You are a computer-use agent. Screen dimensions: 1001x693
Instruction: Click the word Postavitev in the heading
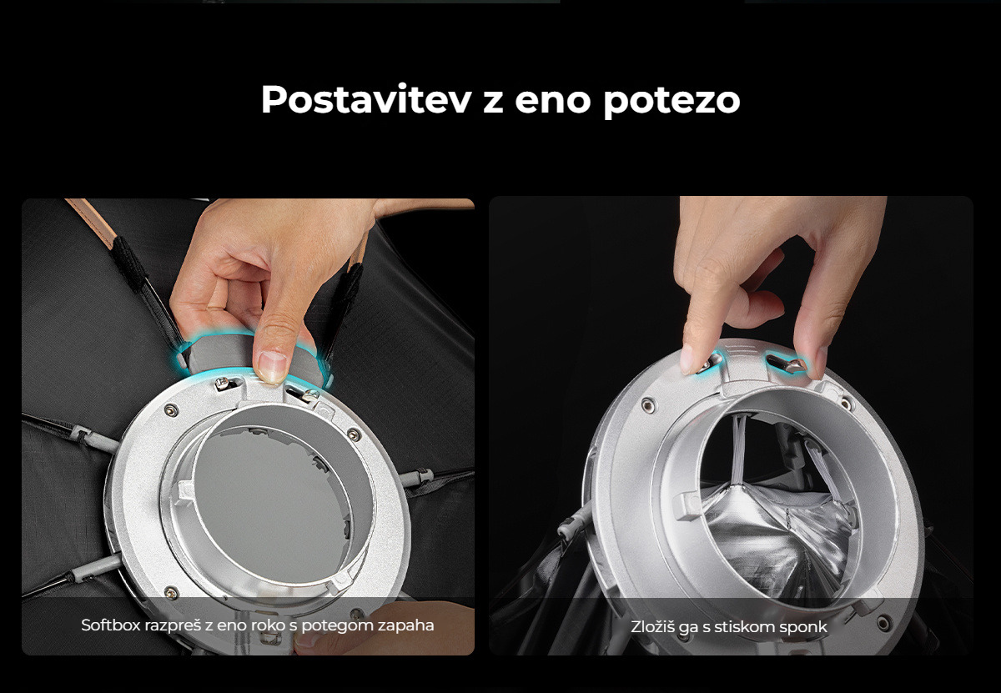366,99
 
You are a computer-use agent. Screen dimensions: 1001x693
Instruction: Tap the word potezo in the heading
672,101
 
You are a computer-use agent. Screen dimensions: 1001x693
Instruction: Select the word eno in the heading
553,102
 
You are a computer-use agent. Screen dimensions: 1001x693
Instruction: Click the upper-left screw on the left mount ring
170,409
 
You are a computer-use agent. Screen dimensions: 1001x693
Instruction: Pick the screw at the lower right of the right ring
883,622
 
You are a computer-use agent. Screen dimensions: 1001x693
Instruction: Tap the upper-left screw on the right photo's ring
648,405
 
